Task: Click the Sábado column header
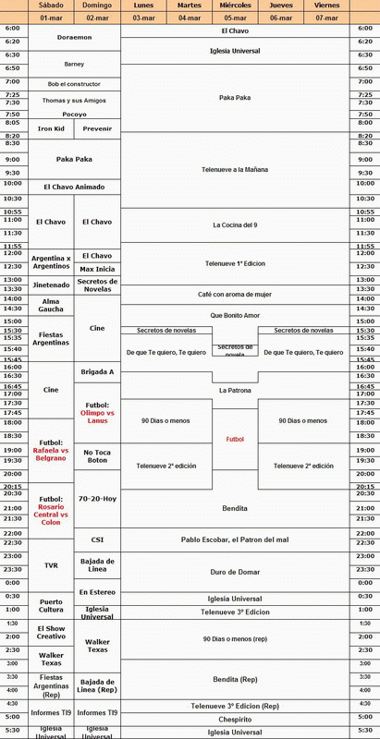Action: tap(51, 6)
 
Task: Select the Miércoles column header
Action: tap(235, 6)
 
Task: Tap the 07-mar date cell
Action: tap(326, 18)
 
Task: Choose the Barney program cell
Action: tap(74, 64)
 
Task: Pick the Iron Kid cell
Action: tap(51, 128)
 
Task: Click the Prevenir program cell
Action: tap(97, 128)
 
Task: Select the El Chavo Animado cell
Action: tap(74, 187)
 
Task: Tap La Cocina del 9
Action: tap(235, 224)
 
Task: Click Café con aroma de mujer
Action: tap(235, 292)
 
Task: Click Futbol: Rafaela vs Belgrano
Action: tap(51, 453)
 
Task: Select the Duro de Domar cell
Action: tap(235, 572)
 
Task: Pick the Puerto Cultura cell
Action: tap(51, 604)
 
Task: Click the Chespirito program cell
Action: tap(235, 718)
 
